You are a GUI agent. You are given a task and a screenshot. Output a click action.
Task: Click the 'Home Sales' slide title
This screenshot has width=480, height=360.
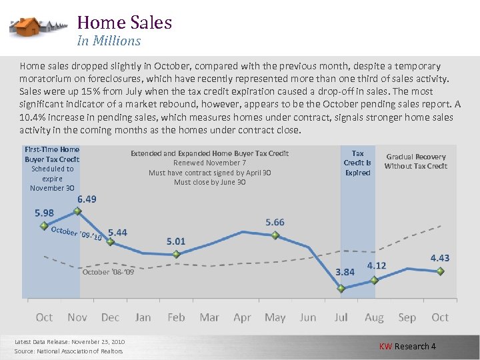124,23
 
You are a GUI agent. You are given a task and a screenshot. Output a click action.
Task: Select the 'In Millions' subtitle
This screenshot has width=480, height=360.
109,41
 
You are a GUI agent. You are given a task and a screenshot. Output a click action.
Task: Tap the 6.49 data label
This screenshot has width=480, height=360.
87,199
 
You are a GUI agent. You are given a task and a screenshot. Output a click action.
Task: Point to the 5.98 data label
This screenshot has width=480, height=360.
44,213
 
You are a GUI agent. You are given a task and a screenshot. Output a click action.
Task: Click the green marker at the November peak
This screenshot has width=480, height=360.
77,211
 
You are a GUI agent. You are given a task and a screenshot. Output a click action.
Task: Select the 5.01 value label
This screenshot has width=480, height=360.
176,241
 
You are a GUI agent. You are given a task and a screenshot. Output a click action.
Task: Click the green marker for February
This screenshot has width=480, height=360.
176,254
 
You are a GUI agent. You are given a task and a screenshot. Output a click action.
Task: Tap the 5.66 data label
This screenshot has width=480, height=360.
275,222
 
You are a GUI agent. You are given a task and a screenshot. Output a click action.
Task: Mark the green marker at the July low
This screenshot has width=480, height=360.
341,289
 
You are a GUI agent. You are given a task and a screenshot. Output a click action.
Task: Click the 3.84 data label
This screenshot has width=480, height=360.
345,272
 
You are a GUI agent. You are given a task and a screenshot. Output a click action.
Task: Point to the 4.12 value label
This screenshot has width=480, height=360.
377,265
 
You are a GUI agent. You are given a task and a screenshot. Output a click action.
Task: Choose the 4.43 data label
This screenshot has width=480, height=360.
439,257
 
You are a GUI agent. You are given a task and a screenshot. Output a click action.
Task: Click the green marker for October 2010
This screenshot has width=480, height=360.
440,271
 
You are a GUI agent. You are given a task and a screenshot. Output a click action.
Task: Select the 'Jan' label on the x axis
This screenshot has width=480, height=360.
143,317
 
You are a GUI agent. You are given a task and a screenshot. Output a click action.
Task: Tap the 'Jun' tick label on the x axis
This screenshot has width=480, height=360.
308,317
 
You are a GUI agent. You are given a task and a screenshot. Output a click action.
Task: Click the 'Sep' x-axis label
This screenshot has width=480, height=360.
407,317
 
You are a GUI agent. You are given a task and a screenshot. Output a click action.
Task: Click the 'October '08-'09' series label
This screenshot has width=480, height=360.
108,273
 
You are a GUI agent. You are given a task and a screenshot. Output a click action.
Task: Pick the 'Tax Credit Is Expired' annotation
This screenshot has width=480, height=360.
357,163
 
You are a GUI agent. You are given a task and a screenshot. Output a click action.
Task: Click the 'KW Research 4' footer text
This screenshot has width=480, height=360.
407,346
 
